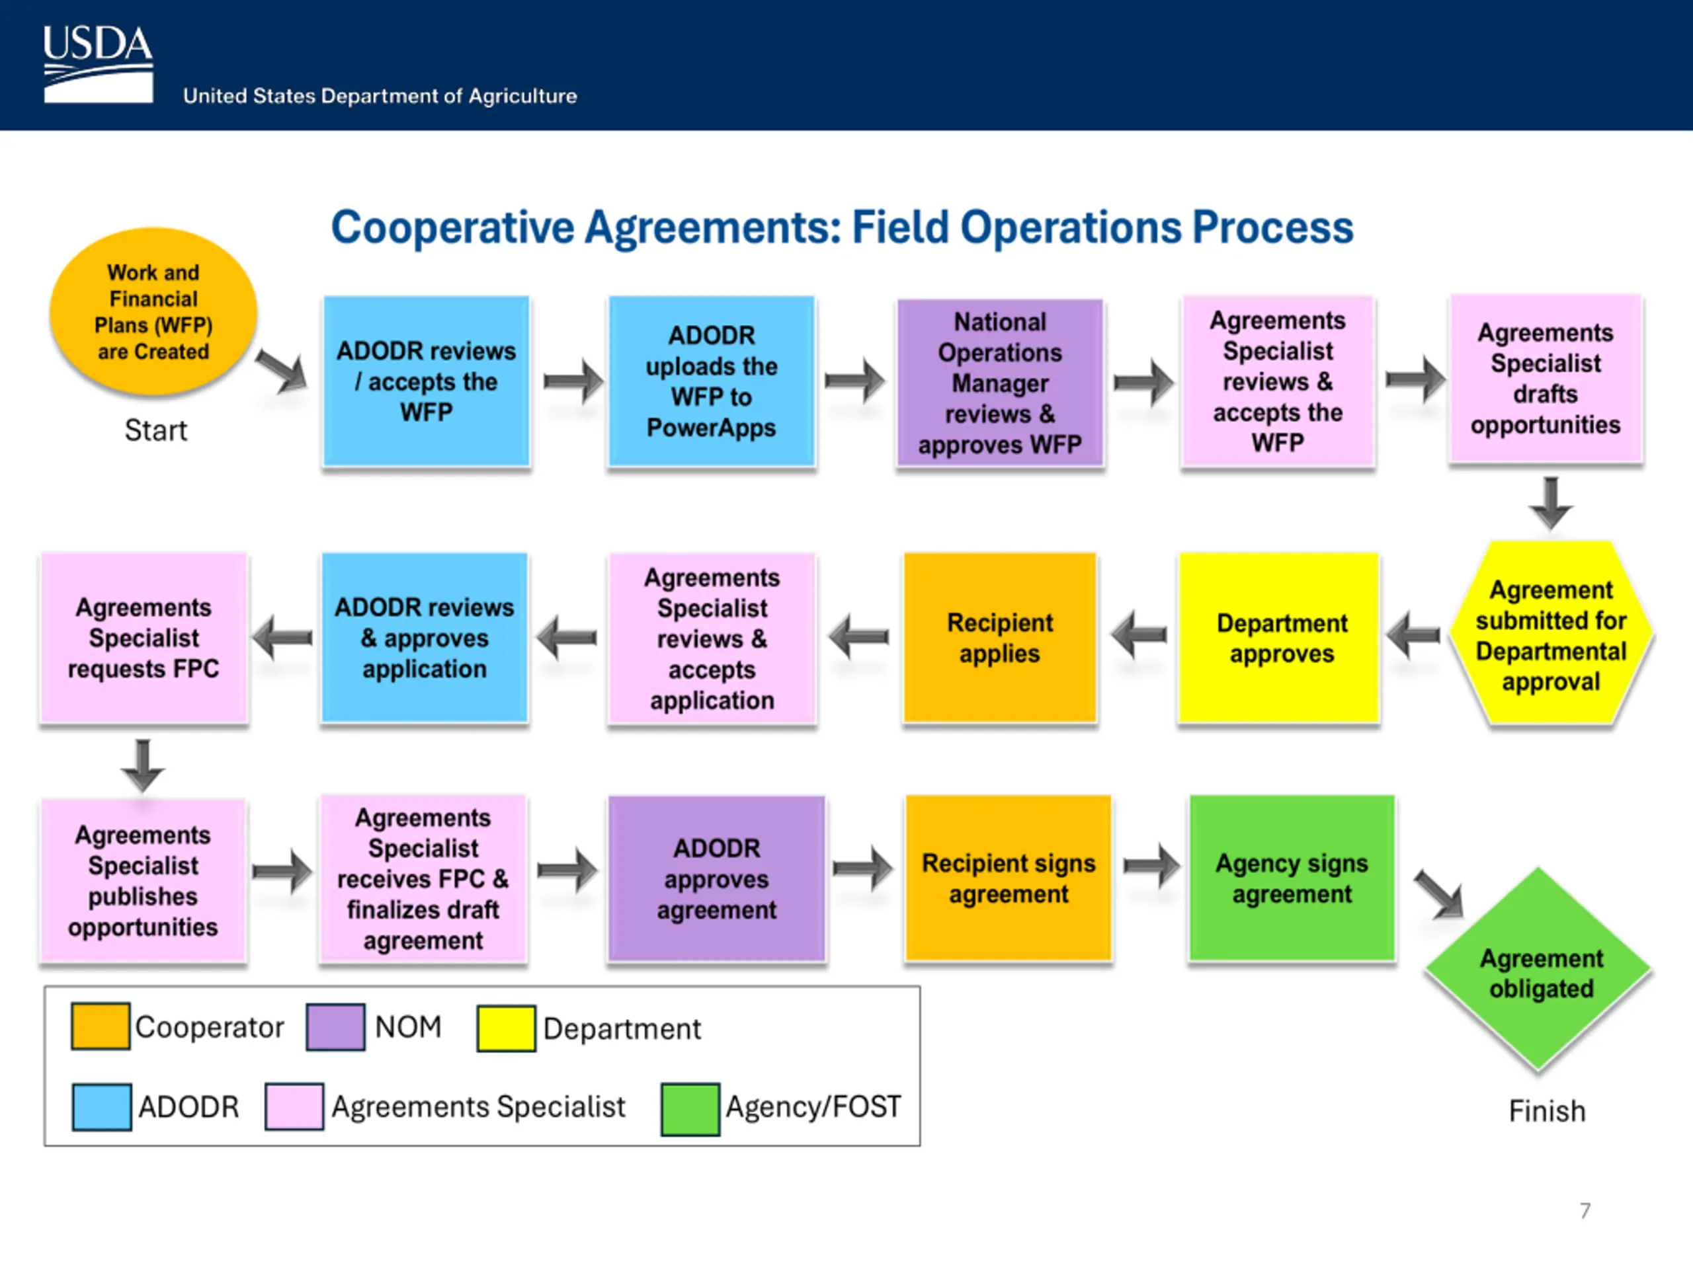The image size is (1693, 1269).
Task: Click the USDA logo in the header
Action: coord(98,64)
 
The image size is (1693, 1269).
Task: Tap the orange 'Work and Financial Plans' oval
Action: coord(153,311)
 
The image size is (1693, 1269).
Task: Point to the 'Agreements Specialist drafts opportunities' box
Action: coord(1546,379)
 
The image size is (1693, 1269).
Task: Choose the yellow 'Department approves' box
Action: coord(1279,637)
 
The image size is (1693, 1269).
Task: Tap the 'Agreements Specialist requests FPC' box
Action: coord(144,637)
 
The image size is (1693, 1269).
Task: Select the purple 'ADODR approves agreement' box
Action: coord(716,878)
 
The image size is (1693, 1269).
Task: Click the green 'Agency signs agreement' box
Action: coord(1292,878)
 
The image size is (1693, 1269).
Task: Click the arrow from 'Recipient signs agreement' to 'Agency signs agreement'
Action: coord(1152,866)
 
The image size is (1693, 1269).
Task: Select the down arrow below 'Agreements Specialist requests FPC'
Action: coord(143,765)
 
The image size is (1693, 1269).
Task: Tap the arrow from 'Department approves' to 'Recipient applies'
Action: coord(1139,634)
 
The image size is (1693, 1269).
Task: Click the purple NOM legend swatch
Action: coord(335,1027)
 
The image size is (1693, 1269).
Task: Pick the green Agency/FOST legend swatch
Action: coord(690,1108)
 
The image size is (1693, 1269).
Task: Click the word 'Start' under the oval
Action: coord(156,431)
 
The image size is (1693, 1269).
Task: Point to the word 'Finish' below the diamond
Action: coord(1547,1110)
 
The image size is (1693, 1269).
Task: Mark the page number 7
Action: coord(1585,1211)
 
